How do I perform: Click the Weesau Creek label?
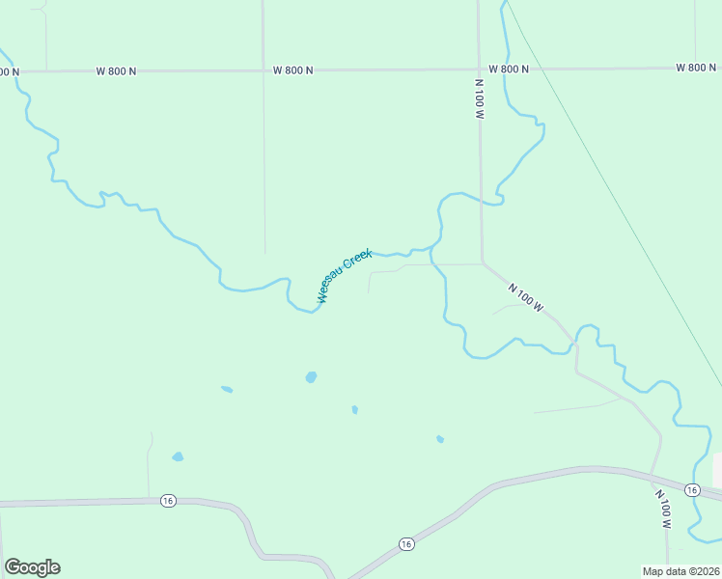pos(345,275)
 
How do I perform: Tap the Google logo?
pos(32,567)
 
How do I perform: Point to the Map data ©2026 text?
pos(680,571)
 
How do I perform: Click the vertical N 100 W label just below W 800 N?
pos(479,99)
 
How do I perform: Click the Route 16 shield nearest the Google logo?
pos(169,500)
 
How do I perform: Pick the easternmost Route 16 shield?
pos(692,490)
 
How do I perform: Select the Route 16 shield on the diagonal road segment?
pos(406,544)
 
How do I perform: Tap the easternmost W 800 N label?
pos(696,68)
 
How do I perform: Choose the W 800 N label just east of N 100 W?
pos(509,69)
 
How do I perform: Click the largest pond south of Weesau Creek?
pos(311,377)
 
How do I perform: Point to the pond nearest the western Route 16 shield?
pos(178,456)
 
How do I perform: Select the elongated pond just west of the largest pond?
pos(227,390)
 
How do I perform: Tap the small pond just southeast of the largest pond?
pos(355,410)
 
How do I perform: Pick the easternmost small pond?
pos(440,439)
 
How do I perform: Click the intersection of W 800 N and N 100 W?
pos(479,69)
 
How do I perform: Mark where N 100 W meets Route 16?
pos(653,476)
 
